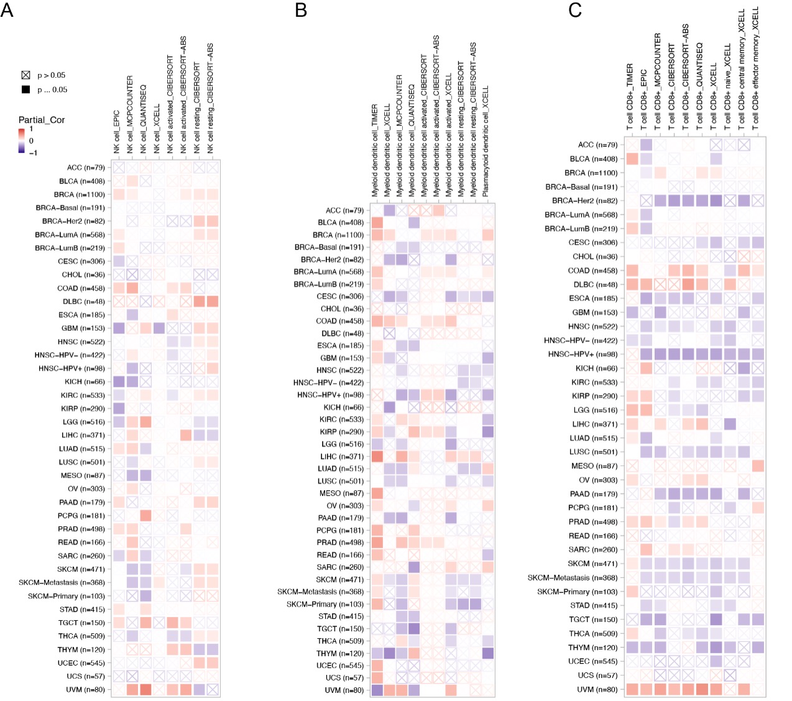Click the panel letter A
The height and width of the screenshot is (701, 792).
[7, 10]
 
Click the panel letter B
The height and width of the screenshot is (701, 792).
[301, 10]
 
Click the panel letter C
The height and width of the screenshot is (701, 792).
[574, 10]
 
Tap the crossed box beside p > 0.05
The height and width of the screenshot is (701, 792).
[26, 75]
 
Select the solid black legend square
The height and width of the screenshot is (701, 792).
[26, 90]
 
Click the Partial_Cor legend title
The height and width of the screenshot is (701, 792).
[42, 120]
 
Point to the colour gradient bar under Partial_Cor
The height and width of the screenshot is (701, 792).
[22, 141]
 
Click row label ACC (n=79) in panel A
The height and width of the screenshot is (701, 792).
[86, 168]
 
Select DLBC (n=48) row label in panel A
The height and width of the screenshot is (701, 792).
[84, 302]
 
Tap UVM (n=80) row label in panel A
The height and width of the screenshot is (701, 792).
[86, 690]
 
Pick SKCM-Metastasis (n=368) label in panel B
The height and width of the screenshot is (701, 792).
[321, 592]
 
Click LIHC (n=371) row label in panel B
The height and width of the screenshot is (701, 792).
[342, 457]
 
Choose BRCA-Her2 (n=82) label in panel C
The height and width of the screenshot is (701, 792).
[585, 201]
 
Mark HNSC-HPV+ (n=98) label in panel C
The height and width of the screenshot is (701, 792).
[583, 355]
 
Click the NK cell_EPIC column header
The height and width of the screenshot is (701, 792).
[116, 132]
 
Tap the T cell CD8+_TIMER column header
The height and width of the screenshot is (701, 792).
[629, 97]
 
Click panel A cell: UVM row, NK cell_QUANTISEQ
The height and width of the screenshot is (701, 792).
[146, 690]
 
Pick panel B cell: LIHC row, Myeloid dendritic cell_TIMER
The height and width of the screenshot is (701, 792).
[377, 457]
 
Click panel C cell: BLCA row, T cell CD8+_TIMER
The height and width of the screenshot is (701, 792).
[632, 159]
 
